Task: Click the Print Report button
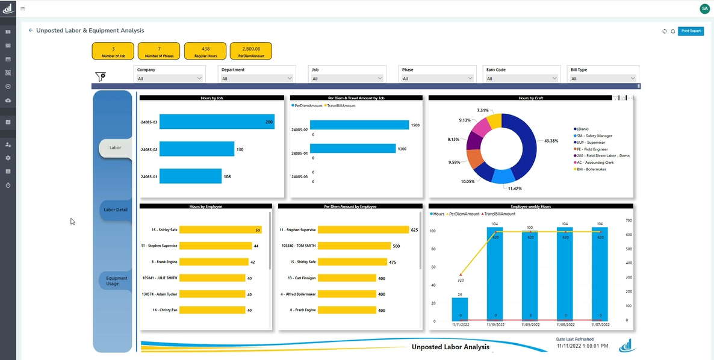tap(690, 31)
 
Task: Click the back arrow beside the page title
tap(31, 30)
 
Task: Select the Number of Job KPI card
tap(113, 51)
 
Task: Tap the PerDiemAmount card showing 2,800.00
tap(251, 51)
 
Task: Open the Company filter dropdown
tap(170, 78)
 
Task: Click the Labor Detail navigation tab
tap(115, 210)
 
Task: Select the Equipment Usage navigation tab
tap(116, 281)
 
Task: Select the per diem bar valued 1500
tap(359, 125)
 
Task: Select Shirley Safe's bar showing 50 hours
tap(220, 230)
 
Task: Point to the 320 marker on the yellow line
tap(461, 274)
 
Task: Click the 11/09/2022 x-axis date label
tap(530, 324)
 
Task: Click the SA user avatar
tap(704, 8)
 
